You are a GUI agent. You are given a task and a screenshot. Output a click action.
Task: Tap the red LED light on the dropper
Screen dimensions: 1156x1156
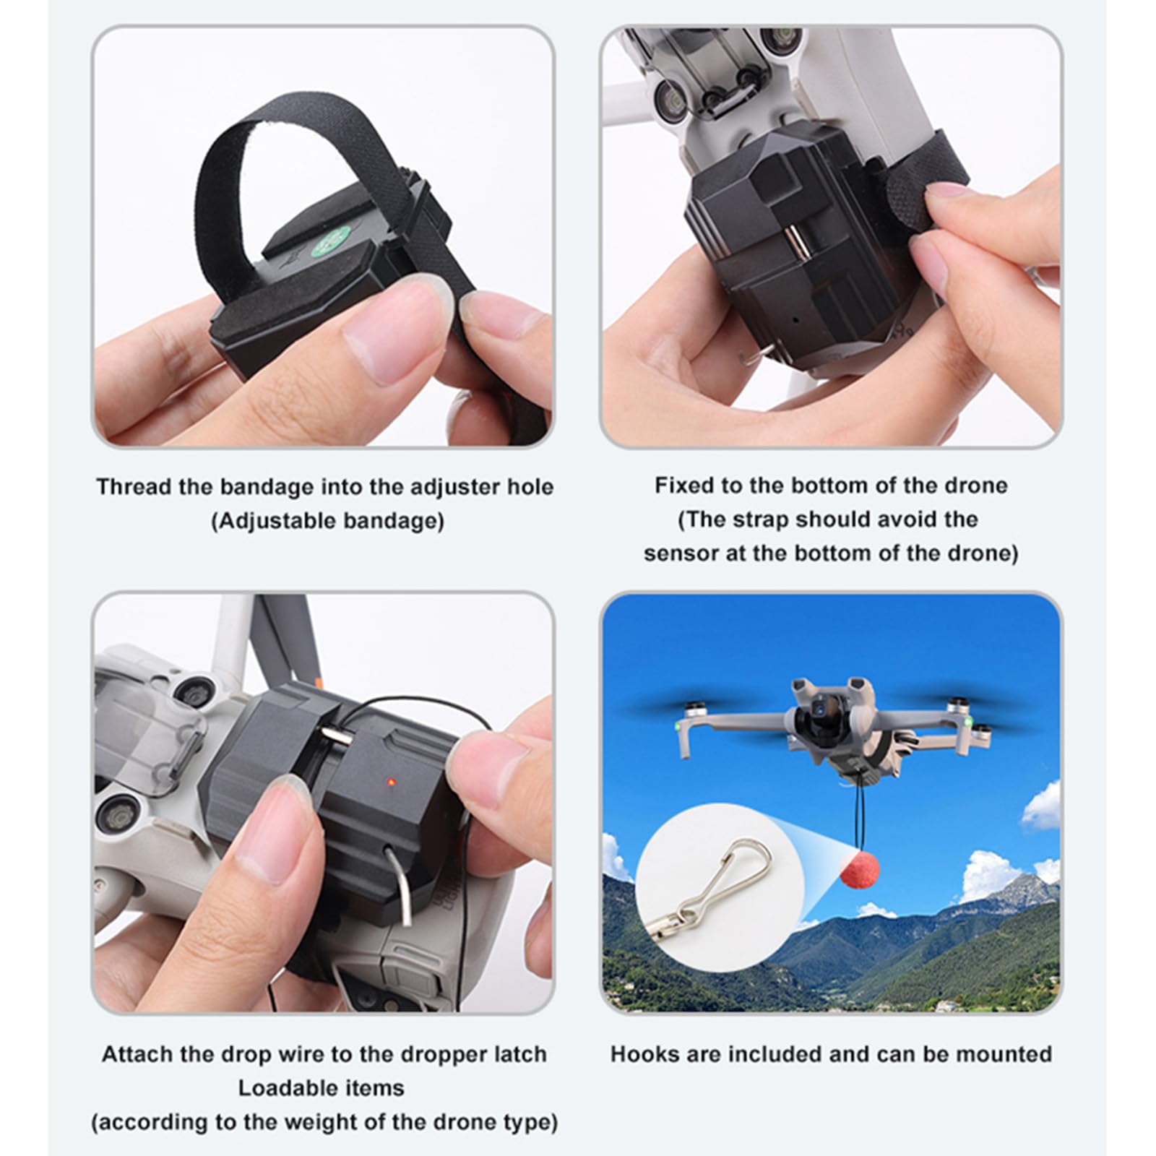[x=391, y=781]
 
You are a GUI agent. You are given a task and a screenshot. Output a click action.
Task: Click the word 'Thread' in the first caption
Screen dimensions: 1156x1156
[x=134, y=487]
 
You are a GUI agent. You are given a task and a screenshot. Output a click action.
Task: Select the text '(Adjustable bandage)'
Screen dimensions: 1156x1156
[x=327, y=521]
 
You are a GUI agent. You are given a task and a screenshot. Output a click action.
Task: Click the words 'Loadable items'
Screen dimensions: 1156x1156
[x=322, y=1088]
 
